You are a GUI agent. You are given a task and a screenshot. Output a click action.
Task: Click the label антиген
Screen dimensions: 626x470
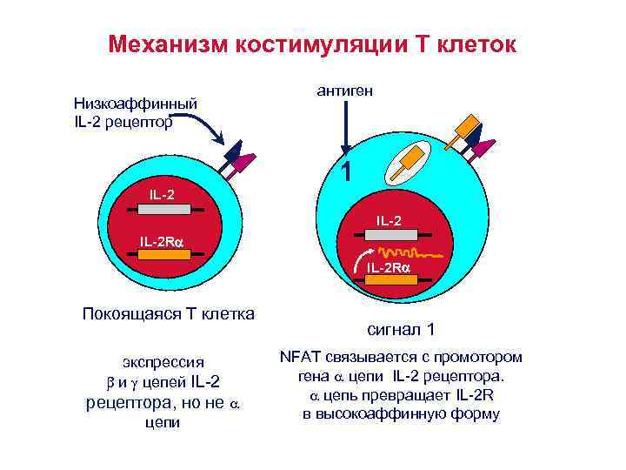(x=344, y=91)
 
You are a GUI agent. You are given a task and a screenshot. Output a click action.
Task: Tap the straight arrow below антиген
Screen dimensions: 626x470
(x=345, y=131)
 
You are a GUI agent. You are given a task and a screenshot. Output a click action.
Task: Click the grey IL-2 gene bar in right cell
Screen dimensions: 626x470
(x=389, y=233)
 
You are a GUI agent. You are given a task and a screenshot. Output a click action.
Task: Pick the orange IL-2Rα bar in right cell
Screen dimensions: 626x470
(x=389, y=280)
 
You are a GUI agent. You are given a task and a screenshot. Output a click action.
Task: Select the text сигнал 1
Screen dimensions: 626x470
(x=400, y=331)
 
